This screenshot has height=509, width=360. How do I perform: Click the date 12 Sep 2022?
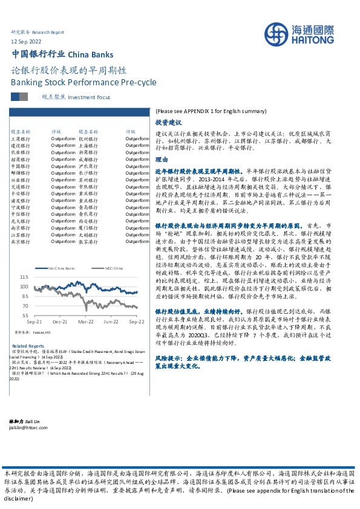point(27,41)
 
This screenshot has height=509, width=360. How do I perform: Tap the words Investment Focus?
point(90,97)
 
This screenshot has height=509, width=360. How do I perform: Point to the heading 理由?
point(160,160)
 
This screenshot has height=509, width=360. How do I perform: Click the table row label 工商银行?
point(21,138)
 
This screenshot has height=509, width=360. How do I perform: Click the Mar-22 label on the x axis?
point(85,322)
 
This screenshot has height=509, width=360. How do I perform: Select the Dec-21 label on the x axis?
point(59,322)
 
